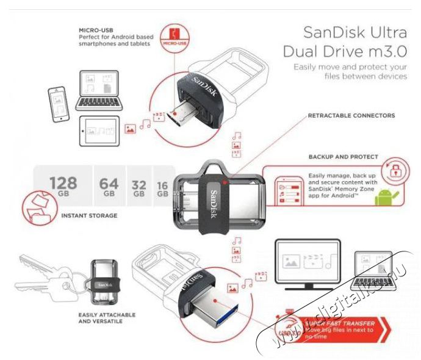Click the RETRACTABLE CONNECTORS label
point(351,115)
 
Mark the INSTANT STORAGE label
point(89,215)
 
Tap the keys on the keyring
point(43,272)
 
